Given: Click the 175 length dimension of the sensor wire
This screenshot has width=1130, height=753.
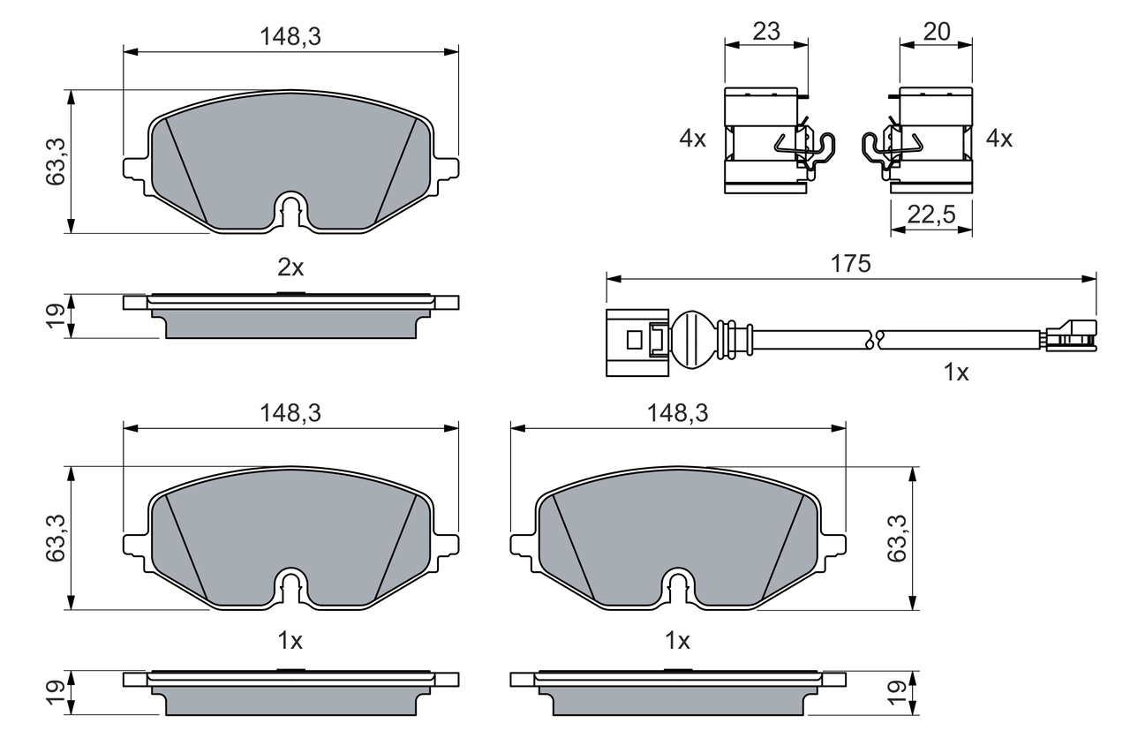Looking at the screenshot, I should (x=851, y=263).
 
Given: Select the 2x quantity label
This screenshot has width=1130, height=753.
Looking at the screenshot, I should (x=290, y=267).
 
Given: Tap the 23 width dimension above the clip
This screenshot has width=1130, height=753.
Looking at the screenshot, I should (x=766, y=32).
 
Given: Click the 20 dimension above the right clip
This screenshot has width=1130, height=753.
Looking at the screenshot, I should (x=936, y=32).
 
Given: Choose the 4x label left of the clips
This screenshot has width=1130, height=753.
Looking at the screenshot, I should (x=693, y=139).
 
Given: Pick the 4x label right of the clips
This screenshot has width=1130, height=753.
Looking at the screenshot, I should (x=999, y=139).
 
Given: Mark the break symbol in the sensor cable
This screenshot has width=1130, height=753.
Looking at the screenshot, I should (x=873, y=338).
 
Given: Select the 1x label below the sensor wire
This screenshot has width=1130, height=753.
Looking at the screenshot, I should (x=956, y=373).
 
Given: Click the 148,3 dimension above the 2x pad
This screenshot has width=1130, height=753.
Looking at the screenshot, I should (x=290, y=37).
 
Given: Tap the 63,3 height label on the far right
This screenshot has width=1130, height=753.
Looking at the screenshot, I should (x=899, y=538).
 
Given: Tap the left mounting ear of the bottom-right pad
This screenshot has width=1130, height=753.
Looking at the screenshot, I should (x=522, y=542).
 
